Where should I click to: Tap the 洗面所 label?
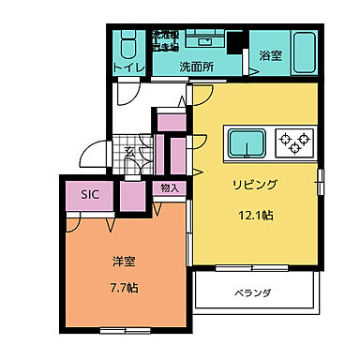click(196, 67)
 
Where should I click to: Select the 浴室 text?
click(270, 56)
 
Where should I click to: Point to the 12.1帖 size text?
click(253, 215)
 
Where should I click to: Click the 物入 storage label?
click(170, 188)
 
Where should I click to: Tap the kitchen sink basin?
click(247, 143)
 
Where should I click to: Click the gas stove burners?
click(295, 143)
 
